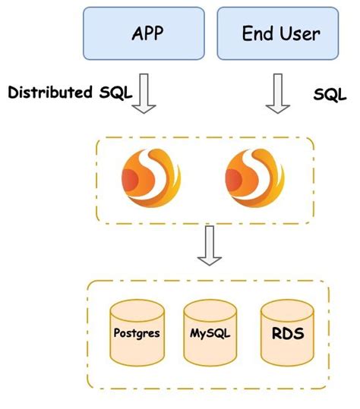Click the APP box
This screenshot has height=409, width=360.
click(142, 33)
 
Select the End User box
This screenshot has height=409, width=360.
click(280, 33)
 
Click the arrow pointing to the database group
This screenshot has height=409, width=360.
click(209, 246)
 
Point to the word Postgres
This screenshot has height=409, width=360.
click(137, 332)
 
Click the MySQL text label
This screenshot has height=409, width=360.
click(209, 333)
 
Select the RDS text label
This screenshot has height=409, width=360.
click(285, 332)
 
